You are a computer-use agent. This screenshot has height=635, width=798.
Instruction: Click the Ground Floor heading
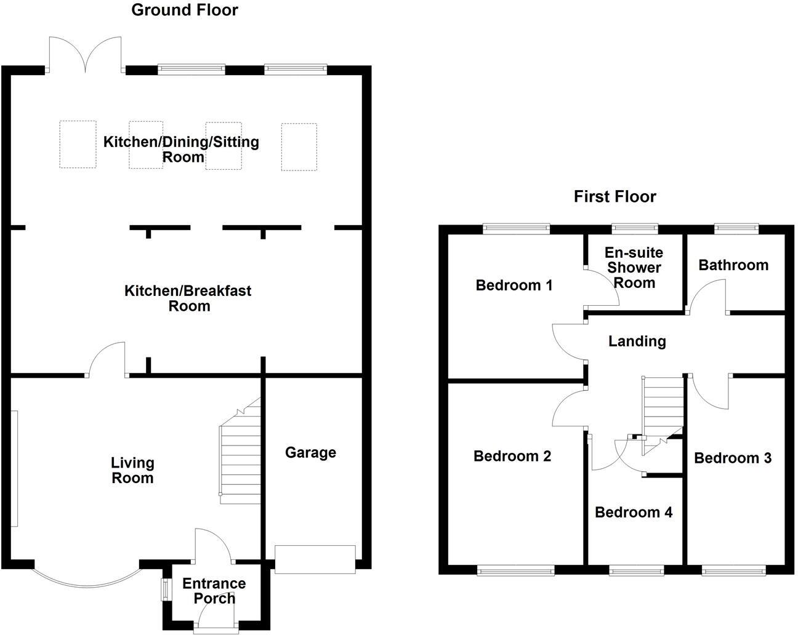pyautogui.click(x=185, y=10)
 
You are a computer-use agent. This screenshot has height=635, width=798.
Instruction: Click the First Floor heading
pyautogui.click(x=615, y=196)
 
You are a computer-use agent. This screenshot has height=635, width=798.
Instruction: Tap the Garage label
pyautogui.click(x=310, y=453)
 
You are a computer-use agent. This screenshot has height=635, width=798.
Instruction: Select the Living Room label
pyautogui.click(x=132, y=470)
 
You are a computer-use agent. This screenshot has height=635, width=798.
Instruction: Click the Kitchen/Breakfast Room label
pyautogui.click(x=188, y=298)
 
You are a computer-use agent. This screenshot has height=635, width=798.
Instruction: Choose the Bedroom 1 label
pyautogui.click(x=514, y=285)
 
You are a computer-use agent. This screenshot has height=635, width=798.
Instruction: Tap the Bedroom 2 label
pyautogui.click(x=512, y=456)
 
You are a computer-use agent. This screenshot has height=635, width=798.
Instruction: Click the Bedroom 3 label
pyautogui.click(x=732, y=458)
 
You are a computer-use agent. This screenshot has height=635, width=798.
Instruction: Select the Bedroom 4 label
pyautogui.click(x=633, y=512)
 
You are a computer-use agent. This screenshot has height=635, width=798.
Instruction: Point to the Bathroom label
pyautogui.click(x=733, y=265)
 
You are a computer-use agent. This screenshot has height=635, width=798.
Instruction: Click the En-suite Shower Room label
pyautogui.click(x=634, y=268)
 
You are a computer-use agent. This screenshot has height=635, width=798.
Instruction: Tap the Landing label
pyautogui.click(x=637, y=341)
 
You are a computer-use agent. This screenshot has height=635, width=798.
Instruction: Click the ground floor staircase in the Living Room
pyautogui.click(x=240, y=455)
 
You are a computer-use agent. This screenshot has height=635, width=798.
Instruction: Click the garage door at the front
pyautogui.click(x=315, y=559)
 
